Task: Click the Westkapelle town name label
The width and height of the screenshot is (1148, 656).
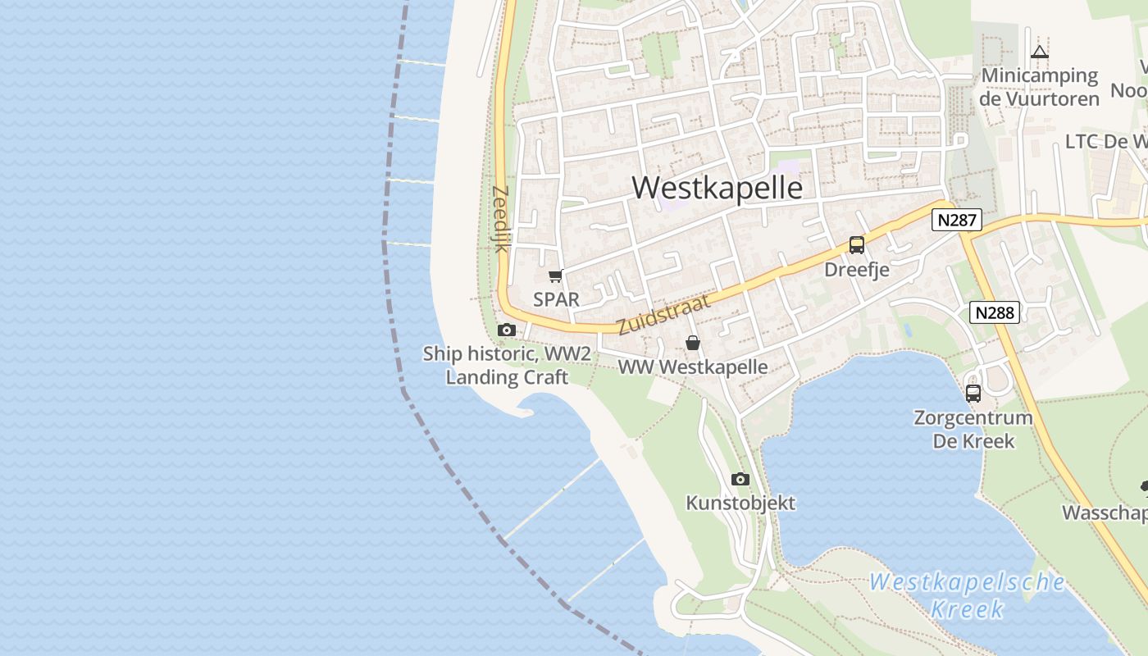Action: [717, 188]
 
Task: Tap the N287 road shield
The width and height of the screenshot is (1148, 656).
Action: [956, 220]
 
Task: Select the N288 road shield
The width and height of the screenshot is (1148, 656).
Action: [995, 312]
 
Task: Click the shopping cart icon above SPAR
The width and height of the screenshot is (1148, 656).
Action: [556, 276]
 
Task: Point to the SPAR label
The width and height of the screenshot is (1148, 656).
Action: [556, 299]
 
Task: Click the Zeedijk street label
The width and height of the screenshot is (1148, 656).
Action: [499, 218]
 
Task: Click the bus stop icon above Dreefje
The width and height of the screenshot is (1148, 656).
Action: [857, 244]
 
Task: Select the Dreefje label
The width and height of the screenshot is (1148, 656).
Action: [857, 270]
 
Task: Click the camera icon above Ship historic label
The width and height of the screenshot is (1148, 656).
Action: [507, 330]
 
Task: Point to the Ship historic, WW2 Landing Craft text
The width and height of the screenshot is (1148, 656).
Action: [507, 366]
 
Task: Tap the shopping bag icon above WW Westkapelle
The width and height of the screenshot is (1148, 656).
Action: [693, 343]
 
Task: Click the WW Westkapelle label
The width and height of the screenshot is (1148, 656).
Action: [693, 367]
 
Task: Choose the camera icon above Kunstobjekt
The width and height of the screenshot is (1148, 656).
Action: [740, 479]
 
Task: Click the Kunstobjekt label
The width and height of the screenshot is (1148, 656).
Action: [740, 503]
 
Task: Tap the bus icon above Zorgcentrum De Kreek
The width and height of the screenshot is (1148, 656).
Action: [973, 393]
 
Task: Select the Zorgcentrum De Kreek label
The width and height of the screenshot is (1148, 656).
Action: [973, 429]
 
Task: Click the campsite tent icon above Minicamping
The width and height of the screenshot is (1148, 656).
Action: [1040, 52]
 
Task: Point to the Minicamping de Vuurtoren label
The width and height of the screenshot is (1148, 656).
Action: [1040, 87]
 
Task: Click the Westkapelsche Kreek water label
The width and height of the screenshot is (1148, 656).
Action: [968, 595]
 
